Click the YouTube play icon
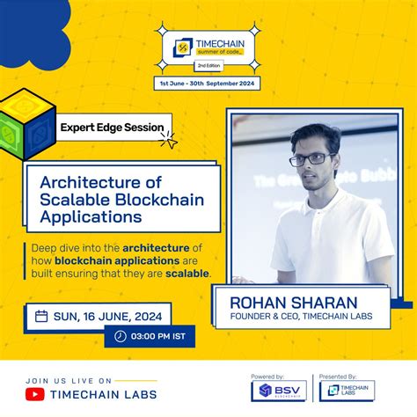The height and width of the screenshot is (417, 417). (x=36, y=393)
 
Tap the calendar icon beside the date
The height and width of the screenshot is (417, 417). (x=41, y=316)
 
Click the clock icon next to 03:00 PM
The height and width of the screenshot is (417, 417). (x=121, y=336)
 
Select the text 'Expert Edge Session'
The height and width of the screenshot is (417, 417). (x=111, y=128)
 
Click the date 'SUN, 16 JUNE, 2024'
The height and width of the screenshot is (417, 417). (x=108, y=316)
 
